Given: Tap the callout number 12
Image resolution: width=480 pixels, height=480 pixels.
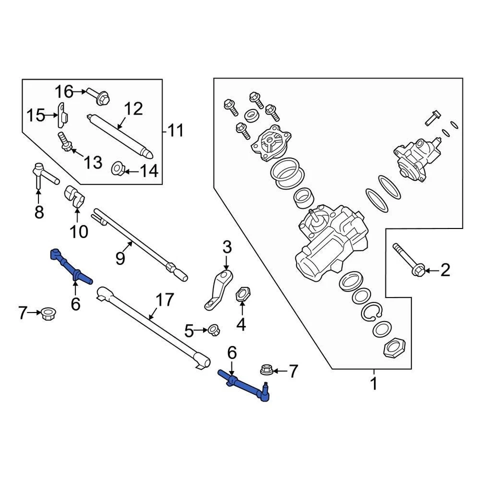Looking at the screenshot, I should coord(133,109).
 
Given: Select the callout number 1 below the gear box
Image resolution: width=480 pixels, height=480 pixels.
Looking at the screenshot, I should coord(373,384).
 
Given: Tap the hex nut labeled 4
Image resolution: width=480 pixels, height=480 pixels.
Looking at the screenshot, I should coord(241,293).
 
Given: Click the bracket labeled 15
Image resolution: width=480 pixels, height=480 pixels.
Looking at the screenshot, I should coord(62,115).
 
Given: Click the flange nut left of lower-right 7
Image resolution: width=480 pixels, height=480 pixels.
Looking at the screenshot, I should coord(266,370).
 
